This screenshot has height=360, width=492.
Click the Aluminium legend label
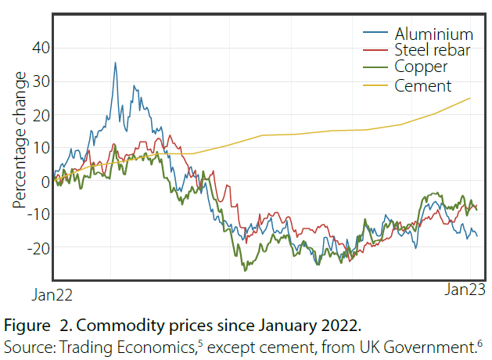pos(434,34)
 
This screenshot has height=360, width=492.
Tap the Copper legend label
pos(421,68)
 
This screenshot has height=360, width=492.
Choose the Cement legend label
pos(424,85)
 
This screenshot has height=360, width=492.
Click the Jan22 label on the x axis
pos(52,295)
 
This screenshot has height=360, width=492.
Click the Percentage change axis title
pos(20,141)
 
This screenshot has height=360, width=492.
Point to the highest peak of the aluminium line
pos(115,63)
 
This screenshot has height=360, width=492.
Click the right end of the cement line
pos(470,98)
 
